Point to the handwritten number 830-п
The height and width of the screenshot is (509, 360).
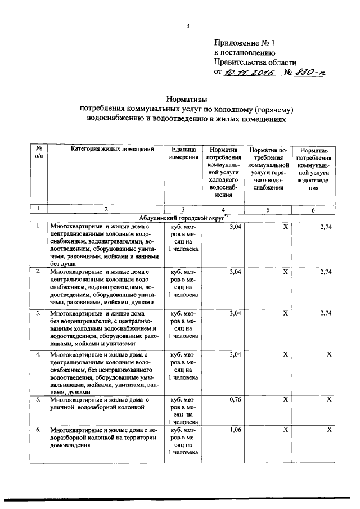coord(300,73)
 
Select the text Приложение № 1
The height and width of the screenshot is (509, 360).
coord(245,43)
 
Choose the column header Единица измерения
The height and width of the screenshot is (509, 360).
coord(183,154)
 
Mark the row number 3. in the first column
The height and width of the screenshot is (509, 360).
coord(38,312)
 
